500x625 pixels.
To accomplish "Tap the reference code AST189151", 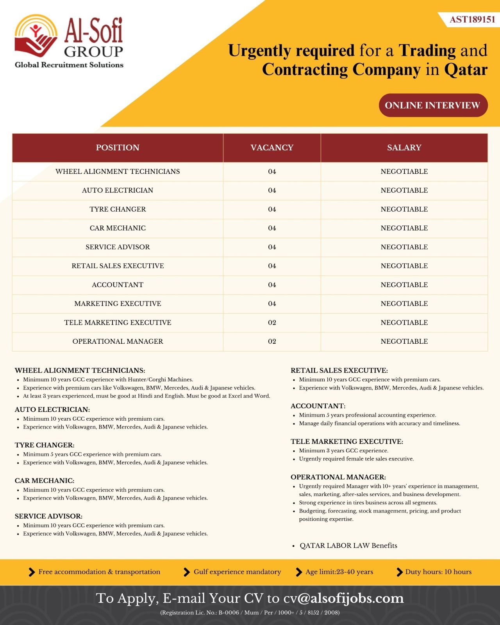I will click(x=472, y=20).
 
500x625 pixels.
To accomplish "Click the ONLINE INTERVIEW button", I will click(x=433, y=105).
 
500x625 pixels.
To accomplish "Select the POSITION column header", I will click(x=118, y=148).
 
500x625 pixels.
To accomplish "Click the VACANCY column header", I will click(x=272, y=148).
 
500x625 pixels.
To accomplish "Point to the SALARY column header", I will click(x=404, y=148).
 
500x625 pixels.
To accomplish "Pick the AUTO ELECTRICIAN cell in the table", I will click(x=118, y=190).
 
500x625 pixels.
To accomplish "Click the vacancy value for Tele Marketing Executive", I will click(x=272, y=323).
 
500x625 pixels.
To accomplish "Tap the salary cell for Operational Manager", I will click(x=404, y=341).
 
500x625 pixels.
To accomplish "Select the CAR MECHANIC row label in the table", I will click(x=118, y=228).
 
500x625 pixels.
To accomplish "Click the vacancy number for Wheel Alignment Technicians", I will click(x=272, y=171).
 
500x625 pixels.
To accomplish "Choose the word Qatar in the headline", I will click(x=466, y=70).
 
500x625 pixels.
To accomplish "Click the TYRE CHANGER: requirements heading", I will click(x=45, y=445).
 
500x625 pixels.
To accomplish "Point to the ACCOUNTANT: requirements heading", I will click(x=318, y=406).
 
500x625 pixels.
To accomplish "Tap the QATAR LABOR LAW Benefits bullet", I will click(x=348, y=546).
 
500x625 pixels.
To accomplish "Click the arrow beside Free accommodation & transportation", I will click(x=32, y=572).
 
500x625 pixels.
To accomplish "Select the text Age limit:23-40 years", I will click(x=339, y=572).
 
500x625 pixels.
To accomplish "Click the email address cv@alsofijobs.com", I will click(x=343, y=598).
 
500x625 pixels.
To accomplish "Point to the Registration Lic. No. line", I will click(x=250, y=612).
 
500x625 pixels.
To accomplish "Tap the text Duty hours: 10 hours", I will click(x=438, y=572).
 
